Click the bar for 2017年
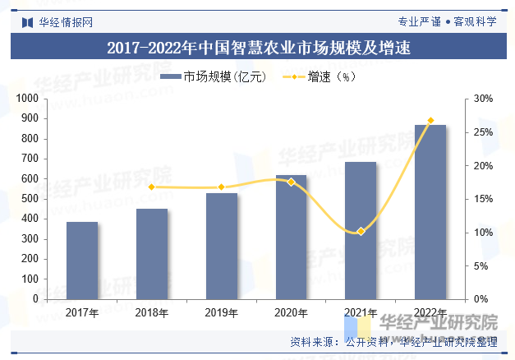(82, 261)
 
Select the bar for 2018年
(152, 254)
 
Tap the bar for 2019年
(222, 246)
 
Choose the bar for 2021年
(361, 230)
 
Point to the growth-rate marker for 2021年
(361, 231)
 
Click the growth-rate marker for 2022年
(430, 121)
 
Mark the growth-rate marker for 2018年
(152, 187)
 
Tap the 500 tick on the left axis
(32, 199)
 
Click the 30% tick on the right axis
(484, 99)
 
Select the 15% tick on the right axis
(484, 199)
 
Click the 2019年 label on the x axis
(222, 312)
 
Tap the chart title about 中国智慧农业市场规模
(258, 48)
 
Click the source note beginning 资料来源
(394, 341)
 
